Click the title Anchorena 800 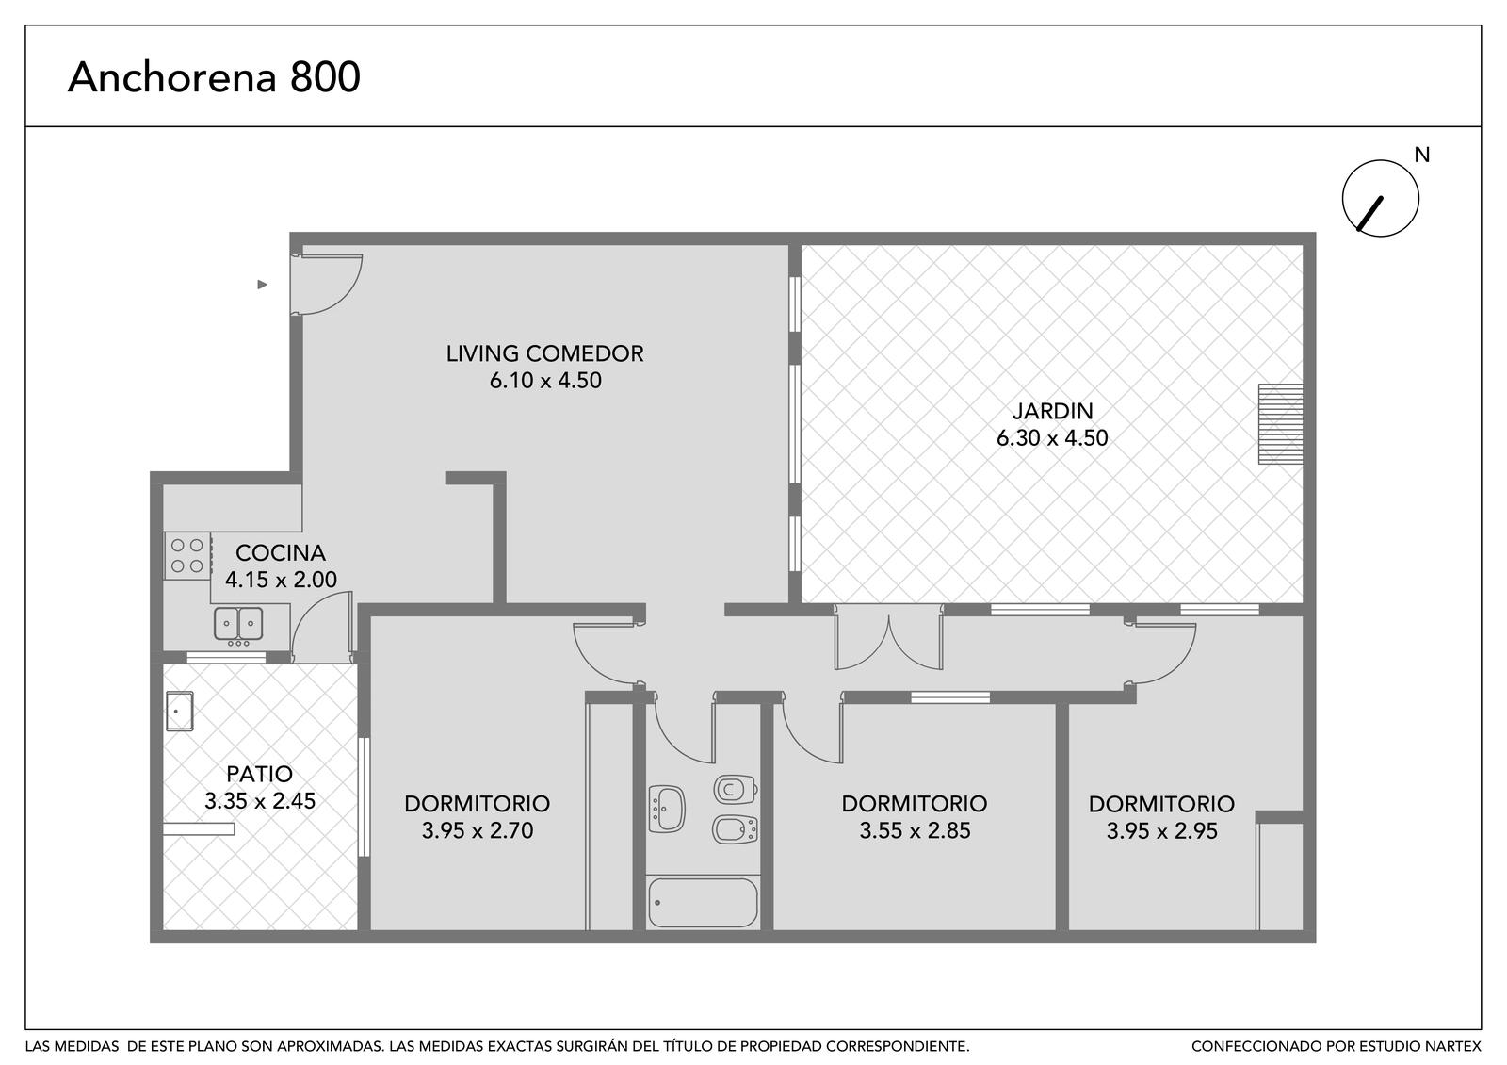[x=214, y=76]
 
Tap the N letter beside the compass [x=1421, y=155]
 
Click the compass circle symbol [x=1381, y=198]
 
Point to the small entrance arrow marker [x=263, y=285]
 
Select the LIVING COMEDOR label [x=545, y=353]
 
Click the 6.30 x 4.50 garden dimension [x=1052, y=438]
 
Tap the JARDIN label [x=1053, y=411]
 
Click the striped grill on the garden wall [x=1281, y=424]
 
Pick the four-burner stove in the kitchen [x=187, y=555]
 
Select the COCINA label [x=281, y=553]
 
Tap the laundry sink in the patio [x=180, y=711]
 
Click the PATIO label [x=260, y=774]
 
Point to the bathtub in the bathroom [x=703, y=902]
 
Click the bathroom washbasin [x=667, y=809]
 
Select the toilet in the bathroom [x=736, y=789]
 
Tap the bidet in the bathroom [x=736, y=830]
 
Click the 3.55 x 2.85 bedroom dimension [x=915, y=830]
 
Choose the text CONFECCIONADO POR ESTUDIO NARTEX [x=1337, y=1047]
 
